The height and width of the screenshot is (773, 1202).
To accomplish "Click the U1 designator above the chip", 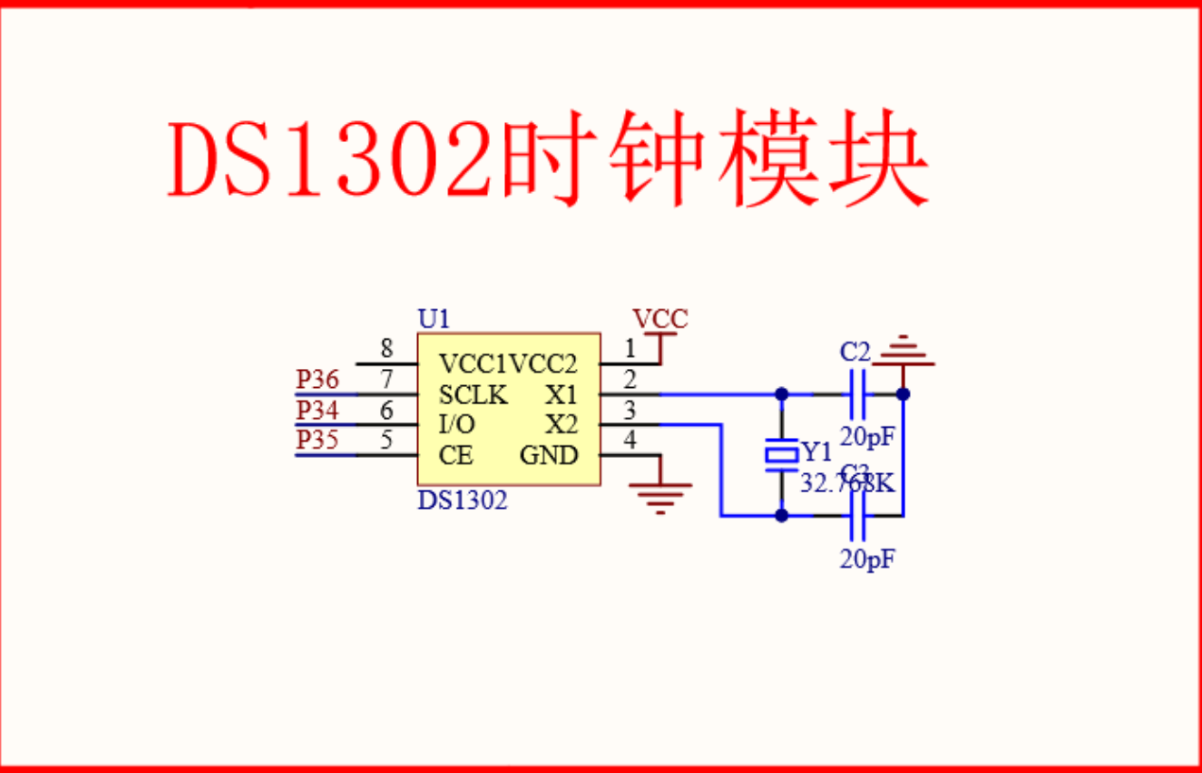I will click(434, 319).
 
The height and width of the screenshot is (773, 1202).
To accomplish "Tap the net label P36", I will click(317, 379).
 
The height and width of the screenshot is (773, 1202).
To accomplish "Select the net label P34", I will click(317, 410).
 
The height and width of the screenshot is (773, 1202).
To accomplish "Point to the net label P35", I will click(317, 440).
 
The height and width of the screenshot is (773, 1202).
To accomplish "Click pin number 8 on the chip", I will click(387, 349).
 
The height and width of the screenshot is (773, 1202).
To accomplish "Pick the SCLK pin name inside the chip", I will click(473, 395).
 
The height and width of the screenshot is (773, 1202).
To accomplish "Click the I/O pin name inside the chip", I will click(457, 425).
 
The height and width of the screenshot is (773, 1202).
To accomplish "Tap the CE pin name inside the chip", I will click(455, 455).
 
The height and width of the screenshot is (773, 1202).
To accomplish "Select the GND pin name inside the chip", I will click(549, 455).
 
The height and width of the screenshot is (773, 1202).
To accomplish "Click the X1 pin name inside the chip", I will click(561, 395).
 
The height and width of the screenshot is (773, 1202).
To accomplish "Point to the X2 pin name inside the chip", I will click(561, 425).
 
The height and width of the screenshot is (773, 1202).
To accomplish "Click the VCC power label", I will click(660, 320).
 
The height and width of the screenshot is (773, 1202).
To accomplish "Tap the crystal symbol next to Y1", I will click(781, 455).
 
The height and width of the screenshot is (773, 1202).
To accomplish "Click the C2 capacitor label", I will click(854, 352).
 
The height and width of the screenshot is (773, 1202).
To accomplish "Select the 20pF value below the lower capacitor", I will click(867, 559).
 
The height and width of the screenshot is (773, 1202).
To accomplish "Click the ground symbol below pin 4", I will click(661, 495).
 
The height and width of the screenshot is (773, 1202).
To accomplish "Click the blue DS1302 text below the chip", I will click(462, 500).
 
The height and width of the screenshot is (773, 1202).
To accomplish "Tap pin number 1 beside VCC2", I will click(630, 349).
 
